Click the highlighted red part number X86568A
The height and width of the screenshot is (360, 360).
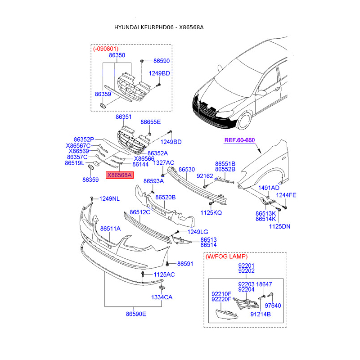[119, 175]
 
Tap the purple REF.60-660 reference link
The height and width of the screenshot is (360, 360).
[239, 140]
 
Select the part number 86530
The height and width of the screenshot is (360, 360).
[187, 170]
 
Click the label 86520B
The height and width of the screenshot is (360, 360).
[165, 197]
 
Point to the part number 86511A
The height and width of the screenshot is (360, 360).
[110, 229]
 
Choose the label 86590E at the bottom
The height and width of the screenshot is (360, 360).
[136, 314]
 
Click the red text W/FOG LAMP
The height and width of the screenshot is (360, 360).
[226, 256]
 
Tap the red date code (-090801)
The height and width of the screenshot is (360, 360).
[106, 48]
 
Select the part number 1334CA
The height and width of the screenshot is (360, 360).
[162, 297]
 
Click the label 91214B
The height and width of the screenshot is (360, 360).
[260, 315]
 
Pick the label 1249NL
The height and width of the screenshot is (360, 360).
[109, 198]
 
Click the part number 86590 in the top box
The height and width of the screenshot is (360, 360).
[162, 60]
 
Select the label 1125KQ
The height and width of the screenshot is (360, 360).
[211, 212]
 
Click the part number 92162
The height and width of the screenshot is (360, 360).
[204, 176]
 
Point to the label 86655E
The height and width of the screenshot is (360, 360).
[150, 122]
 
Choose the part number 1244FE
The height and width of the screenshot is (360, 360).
[286, 195]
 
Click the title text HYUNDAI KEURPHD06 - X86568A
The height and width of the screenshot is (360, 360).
[159, 27]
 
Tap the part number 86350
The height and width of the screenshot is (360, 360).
[117, 55]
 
